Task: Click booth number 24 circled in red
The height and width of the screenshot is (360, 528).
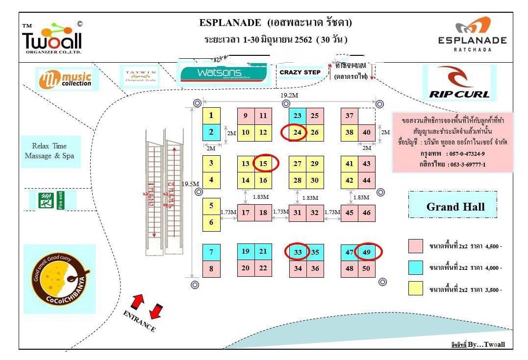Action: [x=298, y=132]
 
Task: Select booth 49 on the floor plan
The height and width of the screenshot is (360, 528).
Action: [x=367, y=252]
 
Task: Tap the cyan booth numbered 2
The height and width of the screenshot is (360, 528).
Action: [x=211, y=132]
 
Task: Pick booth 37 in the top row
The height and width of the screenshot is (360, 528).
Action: [x=350, y=116]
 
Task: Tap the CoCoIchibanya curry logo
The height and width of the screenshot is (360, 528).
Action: [x=59, y=279]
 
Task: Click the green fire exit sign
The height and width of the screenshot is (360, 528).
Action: [x=51, y=200]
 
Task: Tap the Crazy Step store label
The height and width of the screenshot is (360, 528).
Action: [x=300, y=72]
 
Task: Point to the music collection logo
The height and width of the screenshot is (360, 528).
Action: [x=67, y=79]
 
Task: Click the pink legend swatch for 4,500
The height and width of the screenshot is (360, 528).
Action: [x=415, y=246]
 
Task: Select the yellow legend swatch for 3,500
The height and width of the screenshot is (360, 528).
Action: [x=415, y=289]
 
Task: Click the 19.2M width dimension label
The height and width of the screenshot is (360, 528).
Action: [x=290, y=95]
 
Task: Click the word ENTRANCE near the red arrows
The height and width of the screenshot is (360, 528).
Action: [x=139, y=321]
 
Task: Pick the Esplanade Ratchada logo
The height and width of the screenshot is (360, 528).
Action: [x=472, y=34]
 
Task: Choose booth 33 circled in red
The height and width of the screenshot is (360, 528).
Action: [x=298, y=252]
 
